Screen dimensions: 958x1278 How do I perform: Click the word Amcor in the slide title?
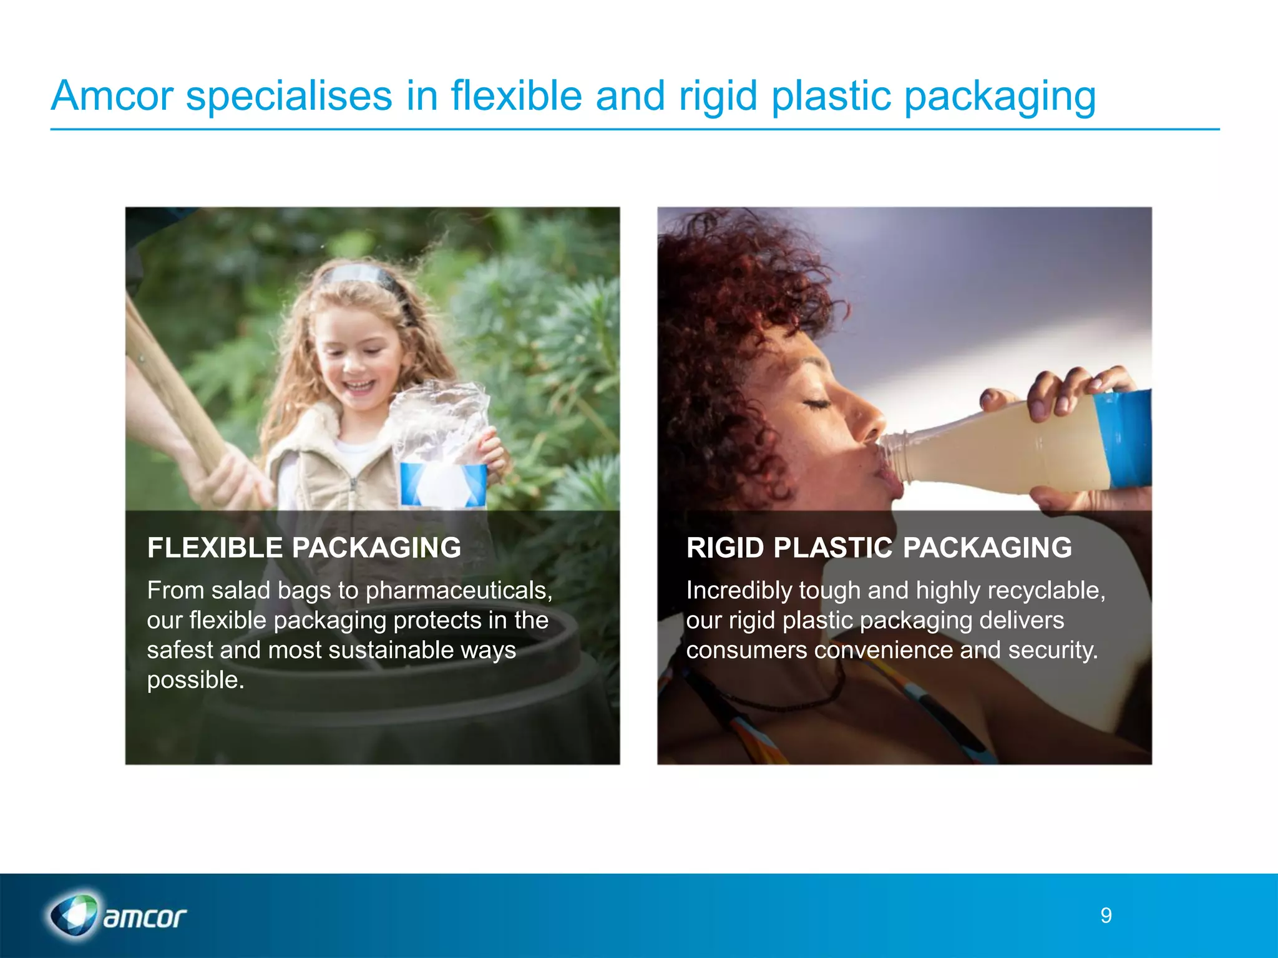click(112, 96)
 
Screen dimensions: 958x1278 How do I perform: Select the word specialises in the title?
click(289, 97)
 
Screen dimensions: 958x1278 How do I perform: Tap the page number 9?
click(1106, 916)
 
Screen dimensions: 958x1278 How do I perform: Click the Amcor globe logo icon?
click(74, 916)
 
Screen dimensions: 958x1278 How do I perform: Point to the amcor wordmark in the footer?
click(145, 917)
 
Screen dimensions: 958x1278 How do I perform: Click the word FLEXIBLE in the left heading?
click(215, 548)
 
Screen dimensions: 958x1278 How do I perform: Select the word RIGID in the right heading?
click(725, 548)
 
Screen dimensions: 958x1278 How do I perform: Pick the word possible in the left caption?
click(195, 680)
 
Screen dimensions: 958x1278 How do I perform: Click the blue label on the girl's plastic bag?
click(443, 484)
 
